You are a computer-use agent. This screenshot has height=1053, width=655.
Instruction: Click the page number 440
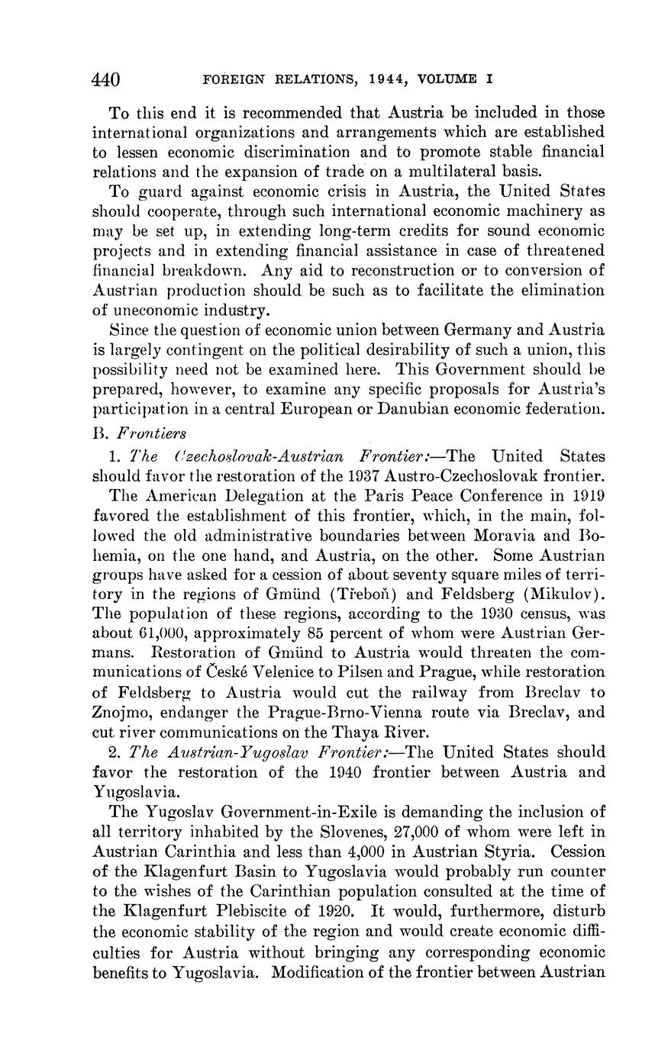click(106, 79)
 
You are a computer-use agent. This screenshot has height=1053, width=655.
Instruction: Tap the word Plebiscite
click(273, 911)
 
